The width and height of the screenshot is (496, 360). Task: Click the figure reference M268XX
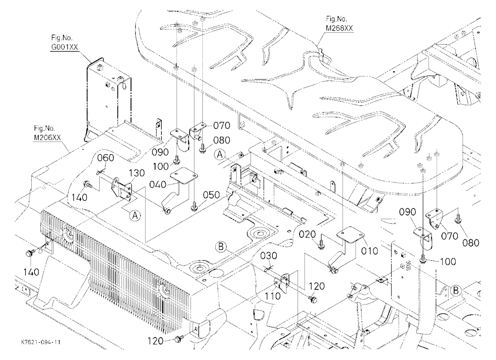(x=339, y=28)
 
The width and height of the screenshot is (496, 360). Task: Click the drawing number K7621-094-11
(x=41, y=342)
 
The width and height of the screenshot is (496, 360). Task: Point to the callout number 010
(x=370, y=251)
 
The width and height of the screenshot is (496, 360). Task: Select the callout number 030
(x=269, y=255)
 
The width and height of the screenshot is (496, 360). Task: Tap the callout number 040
(x=158, y=184)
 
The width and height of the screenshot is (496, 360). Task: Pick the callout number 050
(x=212, y=195)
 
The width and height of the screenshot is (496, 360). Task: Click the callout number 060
(x=106, y=158)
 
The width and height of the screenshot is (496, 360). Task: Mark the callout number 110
(x=273, y=296)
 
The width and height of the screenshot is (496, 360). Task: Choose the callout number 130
(x=137, y=173)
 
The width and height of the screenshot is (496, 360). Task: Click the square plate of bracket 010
(x=350, y=233)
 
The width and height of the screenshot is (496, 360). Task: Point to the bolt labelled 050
(x=193, y=207)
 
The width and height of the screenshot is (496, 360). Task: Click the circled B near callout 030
(x=221, y=246)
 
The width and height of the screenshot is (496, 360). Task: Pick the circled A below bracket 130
(x=135, y=215)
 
